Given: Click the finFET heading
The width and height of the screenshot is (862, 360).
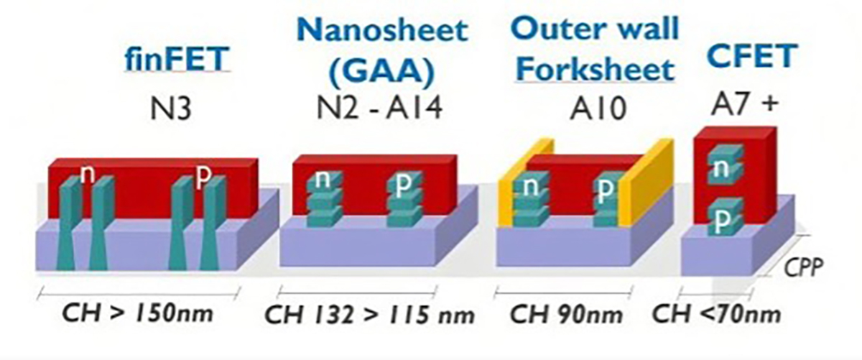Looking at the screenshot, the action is pyautogui.click(x=177, y=60).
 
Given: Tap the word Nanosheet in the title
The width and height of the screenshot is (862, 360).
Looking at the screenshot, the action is pyautogui.click(x=382, y=29).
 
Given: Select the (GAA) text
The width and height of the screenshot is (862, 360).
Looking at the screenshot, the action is pyautogui.click(x=382, y=72).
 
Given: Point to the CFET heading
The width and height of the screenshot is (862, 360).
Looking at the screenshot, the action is pyautogui.click(x=752, y=55).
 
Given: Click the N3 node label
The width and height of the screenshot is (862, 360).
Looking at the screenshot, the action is pyautogui.click(x=170, y=109).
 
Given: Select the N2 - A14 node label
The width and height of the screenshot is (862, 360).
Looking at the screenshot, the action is pyautogui.click(x=379, y=107).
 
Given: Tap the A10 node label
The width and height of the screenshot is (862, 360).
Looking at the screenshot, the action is pyautogui.click(x=598, y=109).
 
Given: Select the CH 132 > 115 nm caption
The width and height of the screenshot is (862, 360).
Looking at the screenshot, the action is pyautogui.click(x=369, y=315).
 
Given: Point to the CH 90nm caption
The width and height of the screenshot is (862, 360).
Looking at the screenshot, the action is pyautogui.click(x=566, y=314).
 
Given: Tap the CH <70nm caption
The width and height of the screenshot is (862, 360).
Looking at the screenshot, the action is pyautogui.click(x=716, y=314).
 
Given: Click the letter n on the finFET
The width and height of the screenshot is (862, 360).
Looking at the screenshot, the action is pyautogui.click(x=88, y=174).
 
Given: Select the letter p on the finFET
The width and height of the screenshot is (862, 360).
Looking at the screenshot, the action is pyautogui.click(x=203, y=176).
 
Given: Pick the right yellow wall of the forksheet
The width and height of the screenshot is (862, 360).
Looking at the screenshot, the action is pyautogui.click(x=647, y=181).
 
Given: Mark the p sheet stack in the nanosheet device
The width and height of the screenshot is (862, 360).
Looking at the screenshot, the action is pyautogui.click(x=404, y=198).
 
